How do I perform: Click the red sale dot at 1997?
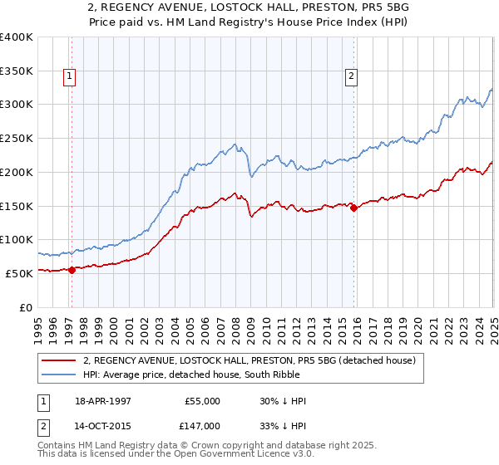(x=72, y=269)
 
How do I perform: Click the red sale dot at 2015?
(x=353, y=208)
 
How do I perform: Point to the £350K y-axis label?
(x=16, y=71)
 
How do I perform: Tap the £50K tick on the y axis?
(x=18, y=272)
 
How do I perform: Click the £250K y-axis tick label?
(x=16, y=138)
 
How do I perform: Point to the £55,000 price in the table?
(x=203, y=401)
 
